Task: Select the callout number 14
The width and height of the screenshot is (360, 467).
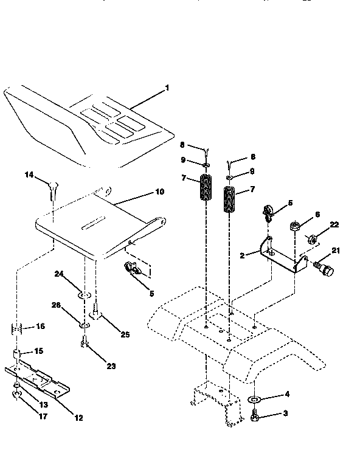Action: pos(29,175)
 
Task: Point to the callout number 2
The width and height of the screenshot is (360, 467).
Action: pos(242,256)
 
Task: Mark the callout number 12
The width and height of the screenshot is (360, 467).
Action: pos(79,418)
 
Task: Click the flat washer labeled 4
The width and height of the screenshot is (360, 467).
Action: pos(255,400)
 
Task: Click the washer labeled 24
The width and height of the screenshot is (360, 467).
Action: pos(84,296)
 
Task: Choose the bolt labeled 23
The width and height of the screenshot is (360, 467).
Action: pos(84,347)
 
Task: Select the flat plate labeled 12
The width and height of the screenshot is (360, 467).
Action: pos(40,381)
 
